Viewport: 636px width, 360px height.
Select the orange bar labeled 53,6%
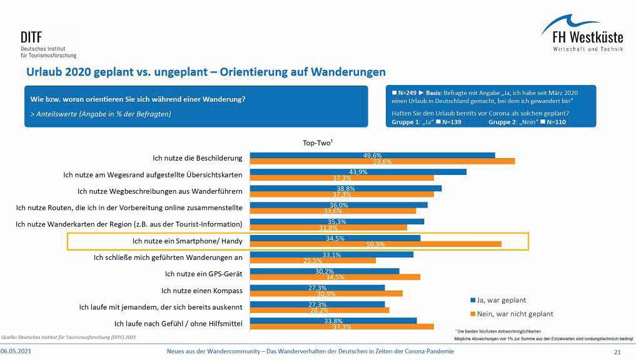(x=382, y=161)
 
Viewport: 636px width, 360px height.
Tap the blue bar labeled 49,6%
(x=372, y=155)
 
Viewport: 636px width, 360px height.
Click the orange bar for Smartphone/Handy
(x=375, y=244)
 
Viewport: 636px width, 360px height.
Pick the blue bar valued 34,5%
(x=335, y=238)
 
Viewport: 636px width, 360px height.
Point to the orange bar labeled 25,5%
(x=313, y=261)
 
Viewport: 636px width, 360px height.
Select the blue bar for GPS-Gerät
(x=325, y=271)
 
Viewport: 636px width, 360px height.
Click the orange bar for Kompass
(x=326, y=293)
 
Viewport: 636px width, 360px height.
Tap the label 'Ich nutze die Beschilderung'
(x=198, y=158)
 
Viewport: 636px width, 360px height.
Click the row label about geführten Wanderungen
(x=168, y=257)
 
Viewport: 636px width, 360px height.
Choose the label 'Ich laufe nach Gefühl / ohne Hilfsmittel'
(x=178, y=323)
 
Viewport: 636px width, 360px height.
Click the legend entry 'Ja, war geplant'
(x=502, y=299)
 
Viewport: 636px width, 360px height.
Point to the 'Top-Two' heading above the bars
(x=317, y=143)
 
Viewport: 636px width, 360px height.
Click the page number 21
(x=617, y=352)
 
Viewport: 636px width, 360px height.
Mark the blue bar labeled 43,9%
(x=358, y=172)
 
